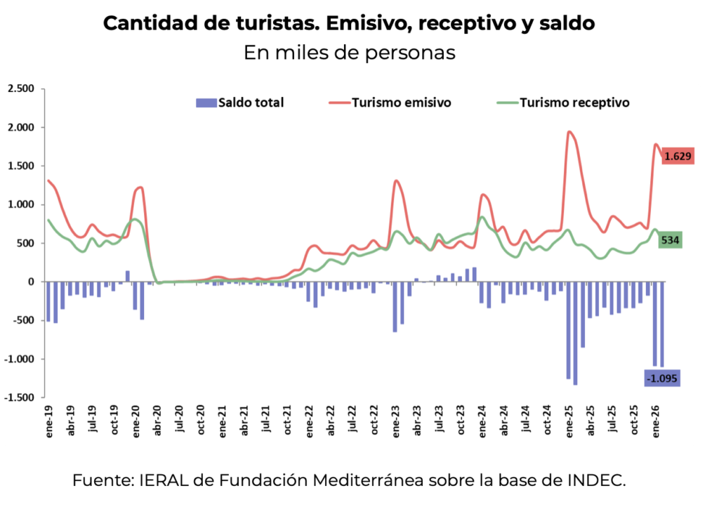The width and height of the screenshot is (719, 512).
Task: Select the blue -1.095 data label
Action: coord(661,379)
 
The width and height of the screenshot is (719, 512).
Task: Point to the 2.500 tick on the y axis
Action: coord(20,88)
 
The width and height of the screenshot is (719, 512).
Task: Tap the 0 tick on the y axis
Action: coord(31,282)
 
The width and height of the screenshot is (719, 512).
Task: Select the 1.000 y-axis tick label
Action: coord(20,204)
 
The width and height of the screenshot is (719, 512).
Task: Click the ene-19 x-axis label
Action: coord(49,422)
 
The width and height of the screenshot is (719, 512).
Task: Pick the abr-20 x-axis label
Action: coord(157,422)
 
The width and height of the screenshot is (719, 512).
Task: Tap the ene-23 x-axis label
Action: coord(396,422)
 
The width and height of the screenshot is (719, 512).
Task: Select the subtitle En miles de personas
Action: coord(350,53)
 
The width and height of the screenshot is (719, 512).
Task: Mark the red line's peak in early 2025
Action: coord(569,132)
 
